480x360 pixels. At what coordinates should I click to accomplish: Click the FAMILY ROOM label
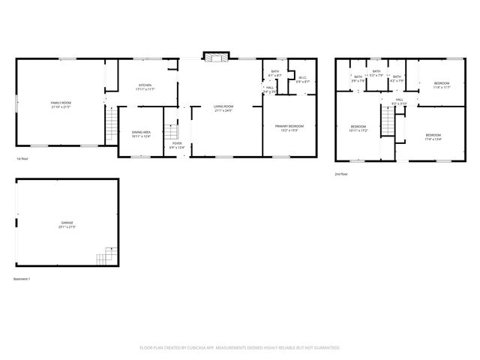61,104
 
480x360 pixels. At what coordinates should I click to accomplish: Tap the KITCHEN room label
145,88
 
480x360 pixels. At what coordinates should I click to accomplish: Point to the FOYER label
176,145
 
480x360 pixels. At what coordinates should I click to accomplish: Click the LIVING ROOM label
224,108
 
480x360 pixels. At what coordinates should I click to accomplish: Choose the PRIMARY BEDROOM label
289,127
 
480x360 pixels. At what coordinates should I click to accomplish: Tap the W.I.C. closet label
302,79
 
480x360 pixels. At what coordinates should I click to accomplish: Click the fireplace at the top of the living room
217,59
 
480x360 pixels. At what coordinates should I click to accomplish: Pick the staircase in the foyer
174,132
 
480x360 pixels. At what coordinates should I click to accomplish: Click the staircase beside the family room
112,124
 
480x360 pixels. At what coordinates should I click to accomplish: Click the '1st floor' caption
22,159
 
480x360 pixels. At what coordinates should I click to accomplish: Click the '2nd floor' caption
342,173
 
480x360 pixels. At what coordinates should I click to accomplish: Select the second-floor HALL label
399,102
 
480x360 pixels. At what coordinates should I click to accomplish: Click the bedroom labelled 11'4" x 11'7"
441,85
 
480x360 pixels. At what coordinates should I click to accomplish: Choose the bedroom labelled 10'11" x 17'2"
358,127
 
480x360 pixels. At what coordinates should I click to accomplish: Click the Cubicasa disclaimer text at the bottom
240,347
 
